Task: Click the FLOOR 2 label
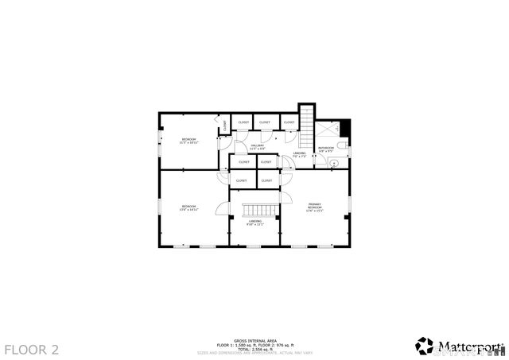(x=32, y=348)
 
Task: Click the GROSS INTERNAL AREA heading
(x=254, y=338)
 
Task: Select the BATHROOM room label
(x=327, y=148)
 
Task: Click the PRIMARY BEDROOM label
(x=315, y=208)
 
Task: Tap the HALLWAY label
(x=258, y=147)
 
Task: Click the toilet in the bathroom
(x=343, y=146)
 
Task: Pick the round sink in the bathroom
(x=334, y=163)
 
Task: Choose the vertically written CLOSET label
(x=225, y=125)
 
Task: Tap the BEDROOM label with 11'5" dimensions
(x=188, y=141)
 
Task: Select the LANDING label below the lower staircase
(x=254, y=223)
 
